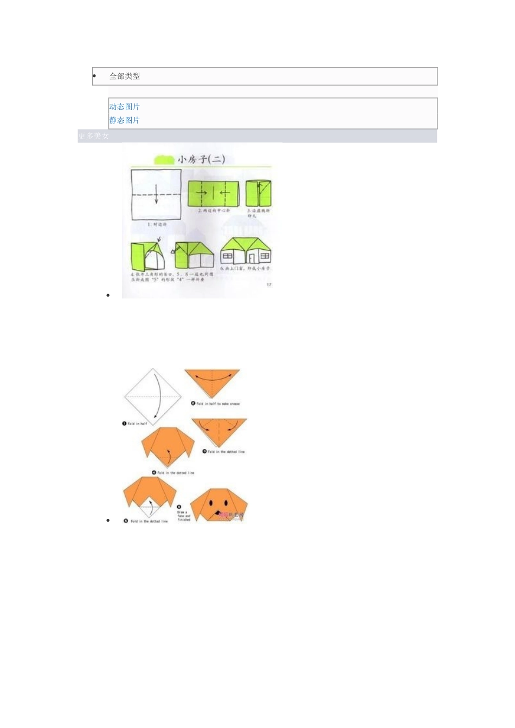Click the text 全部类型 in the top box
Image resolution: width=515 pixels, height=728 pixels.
point(125,76)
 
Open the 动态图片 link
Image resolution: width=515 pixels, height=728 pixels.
point(124,107)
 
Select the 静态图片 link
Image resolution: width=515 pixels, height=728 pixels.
point(124,120)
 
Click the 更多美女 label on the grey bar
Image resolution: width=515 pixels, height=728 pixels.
point(93,136)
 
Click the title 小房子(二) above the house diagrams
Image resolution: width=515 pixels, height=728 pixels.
point(200,159)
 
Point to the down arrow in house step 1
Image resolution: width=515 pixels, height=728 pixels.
point(156,194)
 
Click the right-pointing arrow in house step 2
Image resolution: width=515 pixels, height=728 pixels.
point(201,192)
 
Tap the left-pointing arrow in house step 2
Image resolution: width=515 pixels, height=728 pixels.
point(224,192)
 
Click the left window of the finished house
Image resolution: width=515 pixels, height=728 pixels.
point(228,256)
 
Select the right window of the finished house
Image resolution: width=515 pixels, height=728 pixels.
point(265,256)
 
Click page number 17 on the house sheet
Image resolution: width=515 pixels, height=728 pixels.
point(269,284)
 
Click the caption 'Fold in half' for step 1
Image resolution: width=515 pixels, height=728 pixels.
point(137,424)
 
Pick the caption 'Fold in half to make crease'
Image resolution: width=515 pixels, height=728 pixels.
point(218,404)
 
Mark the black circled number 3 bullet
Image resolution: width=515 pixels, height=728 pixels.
point(204,451)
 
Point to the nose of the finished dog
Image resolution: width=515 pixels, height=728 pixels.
point(218,511)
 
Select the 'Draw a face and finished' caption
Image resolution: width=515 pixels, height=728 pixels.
point(184,516)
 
